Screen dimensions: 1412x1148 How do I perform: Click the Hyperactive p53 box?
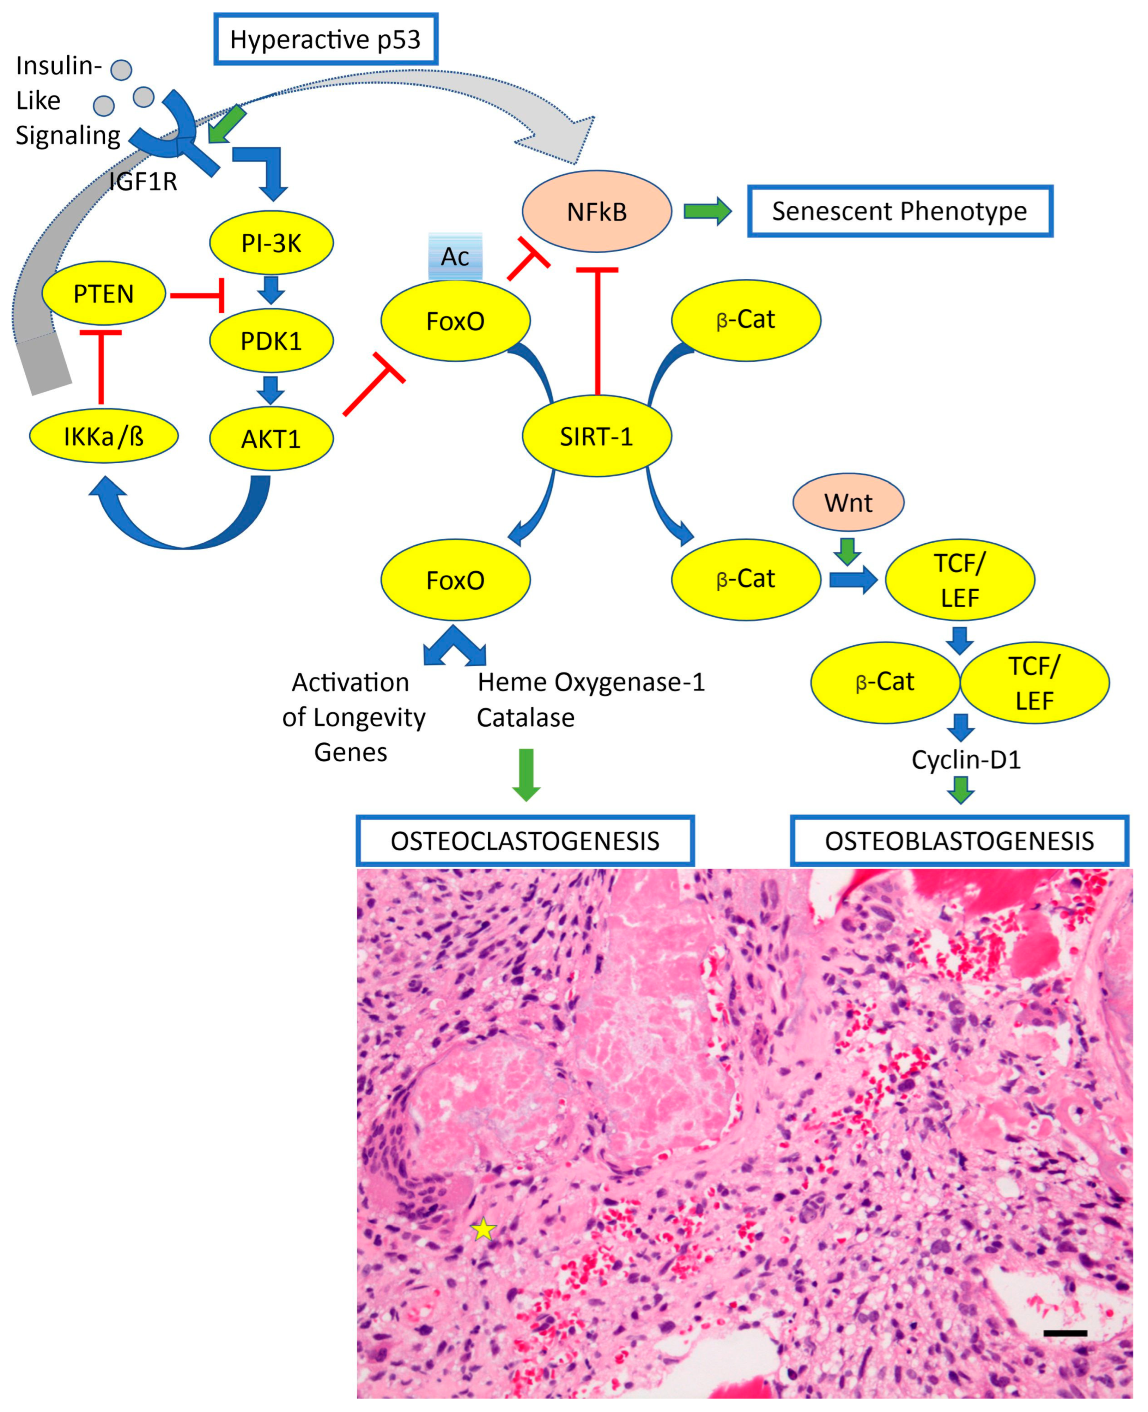click(x=325, y=40)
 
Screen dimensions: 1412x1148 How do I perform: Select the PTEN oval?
click(x=104, y=293)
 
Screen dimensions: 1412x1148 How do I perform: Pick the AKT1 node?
click(x=271, y=439)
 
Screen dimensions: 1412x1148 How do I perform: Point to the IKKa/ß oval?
click(x=104, y=436)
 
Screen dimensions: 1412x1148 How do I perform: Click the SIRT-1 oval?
click(x=596, y=436)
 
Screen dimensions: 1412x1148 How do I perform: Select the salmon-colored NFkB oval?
click(x=596, y=212)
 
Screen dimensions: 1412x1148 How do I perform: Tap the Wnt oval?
click(x=848, y=503)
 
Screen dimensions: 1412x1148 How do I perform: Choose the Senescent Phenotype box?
click(x=899, y=211)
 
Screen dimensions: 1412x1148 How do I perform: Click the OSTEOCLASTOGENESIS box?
click(x=525, y=840)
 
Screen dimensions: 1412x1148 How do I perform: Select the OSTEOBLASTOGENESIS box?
click(x=959, y=840)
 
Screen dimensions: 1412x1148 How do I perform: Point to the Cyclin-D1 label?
click(x=966, y=759)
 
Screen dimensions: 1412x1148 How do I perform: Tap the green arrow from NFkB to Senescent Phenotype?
click(x=707, y=211)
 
